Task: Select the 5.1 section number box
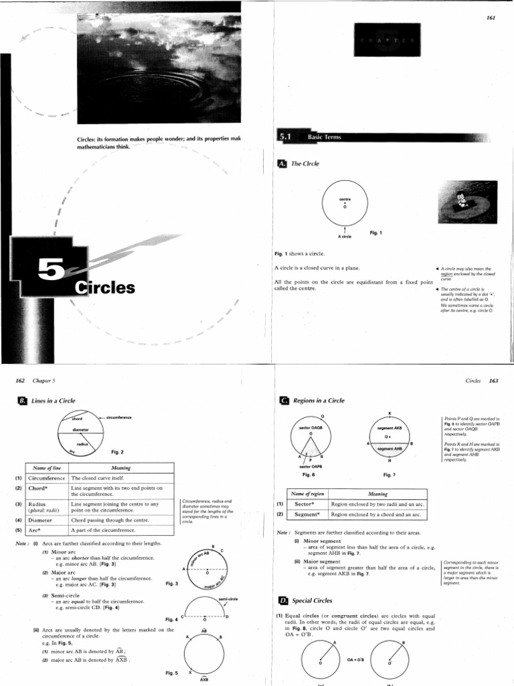[286, 137]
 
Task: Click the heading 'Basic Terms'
[325, 137]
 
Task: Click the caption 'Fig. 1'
[375, 232]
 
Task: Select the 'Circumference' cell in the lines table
[47, 478]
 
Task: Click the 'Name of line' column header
[46, 468]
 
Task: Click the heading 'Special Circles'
[314, 600]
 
